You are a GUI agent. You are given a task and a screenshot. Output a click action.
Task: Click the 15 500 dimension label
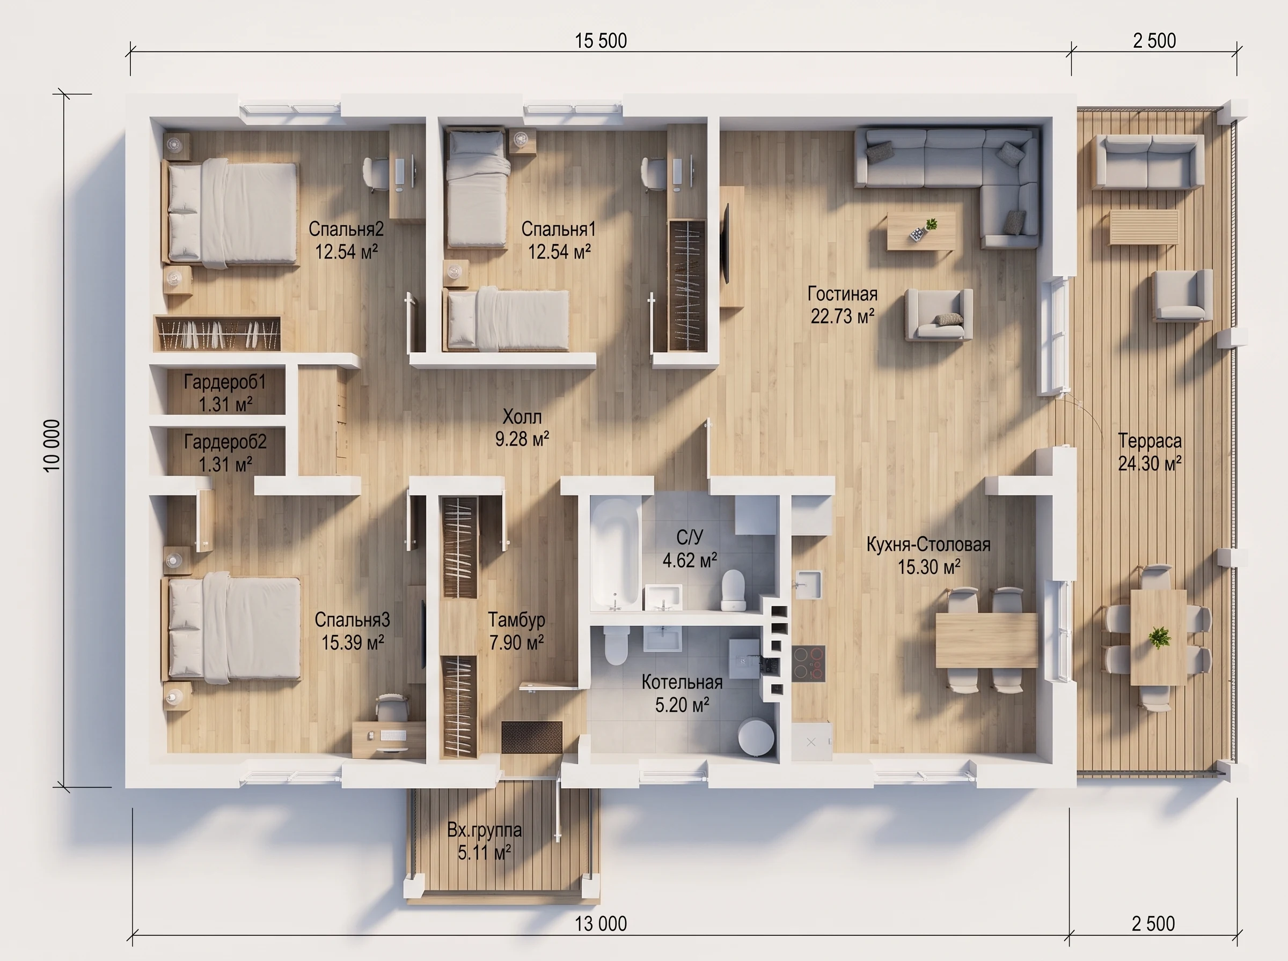tap(601, 41)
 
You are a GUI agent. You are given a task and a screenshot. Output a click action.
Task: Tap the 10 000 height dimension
tap(52, 445)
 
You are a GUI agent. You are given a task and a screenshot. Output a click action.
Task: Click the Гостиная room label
tap(842, 294)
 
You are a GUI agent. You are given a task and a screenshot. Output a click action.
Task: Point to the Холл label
tap(522, 417)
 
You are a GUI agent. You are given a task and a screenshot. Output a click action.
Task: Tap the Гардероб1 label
tap(225, 382)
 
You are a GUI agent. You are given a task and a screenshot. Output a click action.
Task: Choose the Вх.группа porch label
tap(484, 830)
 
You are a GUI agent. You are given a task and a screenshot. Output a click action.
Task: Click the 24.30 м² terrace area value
tap(1150, 464)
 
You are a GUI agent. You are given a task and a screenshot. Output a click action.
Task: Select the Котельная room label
tap(682, 682)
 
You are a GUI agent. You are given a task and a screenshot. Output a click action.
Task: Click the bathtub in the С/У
tap(614, 552)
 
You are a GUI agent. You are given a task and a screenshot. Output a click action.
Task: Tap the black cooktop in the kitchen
tap(808, 663)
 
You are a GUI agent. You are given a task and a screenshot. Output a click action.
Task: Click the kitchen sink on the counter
tap(808, 585)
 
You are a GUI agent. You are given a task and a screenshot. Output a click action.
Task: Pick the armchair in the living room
tap(938, 315)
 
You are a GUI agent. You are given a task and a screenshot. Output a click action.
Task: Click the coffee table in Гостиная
tap(921, 231)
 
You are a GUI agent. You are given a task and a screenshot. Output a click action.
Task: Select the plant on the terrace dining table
tap(1159, 637)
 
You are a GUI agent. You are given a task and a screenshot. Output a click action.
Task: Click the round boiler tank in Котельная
tap(756, 736)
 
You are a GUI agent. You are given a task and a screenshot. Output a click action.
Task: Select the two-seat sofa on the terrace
tap(1148, 161)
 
